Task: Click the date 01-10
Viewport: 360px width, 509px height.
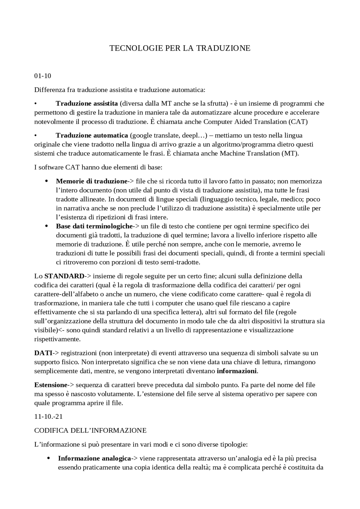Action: tap(42, 76)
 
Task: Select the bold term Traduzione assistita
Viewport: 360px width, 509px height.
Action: tap(87, 103)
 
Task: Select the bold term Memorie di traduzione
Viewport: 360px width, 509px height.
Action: tap(92, 181)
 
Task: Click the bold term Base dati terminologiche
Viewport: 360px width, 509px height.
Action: tap(94, 226)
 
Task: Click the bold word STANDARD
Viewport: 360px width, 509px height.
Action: tap(64, 276)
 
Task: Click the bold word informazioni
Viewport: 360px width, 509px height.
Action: tap(237, 371)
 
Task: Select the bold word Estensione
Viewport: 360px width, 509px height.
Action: tap(51, 385)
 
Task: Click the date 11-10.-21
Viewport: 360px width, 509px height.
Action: tap(48, 417)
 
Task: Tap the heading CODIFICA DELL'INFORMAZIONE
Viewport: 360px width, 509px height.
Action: tap(90, 431)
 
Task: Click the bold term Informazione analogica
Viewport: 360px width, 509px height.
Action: tap(94, 458)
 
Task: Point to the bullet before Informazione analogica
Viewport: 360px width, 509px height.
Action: tap(49, 458)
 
